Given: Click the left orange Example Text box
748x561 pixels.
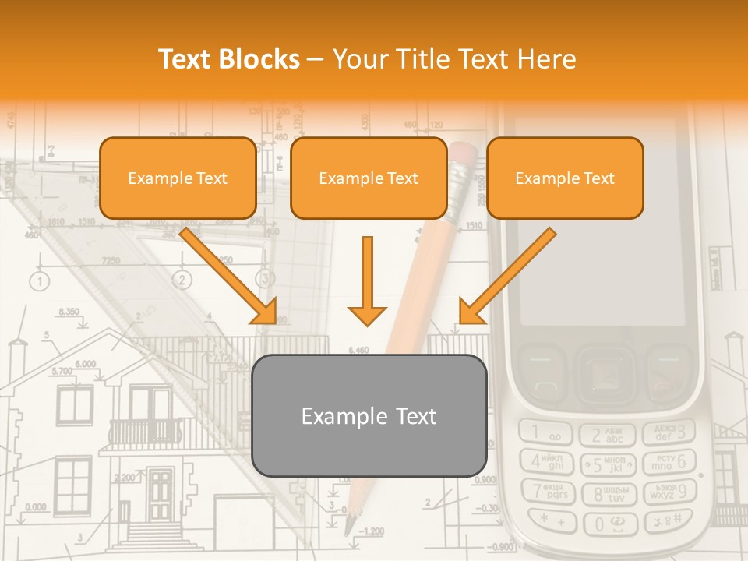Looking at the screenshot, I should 178,178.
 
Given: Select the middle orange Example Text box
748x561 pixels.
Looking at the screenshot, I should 369,178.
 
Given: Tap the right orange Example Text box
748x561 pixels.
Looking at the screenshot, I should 565,178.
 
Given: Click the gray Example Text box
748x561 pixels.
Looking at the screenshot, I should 369,415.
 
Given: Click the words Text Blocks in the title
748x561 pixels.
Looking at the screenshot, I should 228,59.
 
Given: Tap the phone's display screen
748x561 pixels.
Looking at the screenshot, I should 601,222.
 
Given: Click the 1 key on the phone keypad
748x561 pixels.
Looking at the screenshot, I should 546,432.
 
